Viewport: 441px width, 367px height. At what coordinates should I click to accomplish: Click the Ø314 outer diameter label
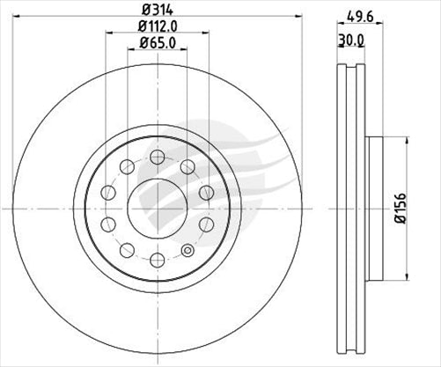[x=157, y=11]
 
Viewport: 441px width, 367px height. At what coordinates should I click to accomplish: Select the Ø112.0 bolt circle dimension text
[x=157, y=27]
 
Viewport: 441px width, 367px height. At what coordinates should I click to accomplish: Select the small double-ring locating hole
[x=187, y=253]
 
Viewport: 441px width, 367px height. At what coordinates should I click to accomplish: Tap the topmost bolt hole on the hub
[x=157, y=157]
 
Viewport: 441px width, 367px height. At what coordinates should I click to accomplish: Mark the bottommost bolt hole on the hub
[x=157, y=259]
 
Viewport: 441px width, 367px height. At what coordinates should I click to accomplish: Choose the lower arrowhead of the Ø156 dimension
[x=390, y=275]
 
